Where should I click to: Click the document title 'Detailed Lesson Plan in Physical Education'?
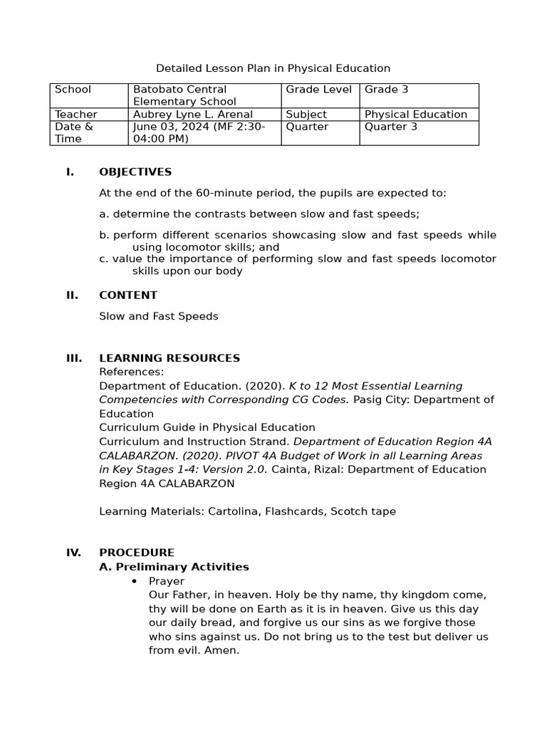pyautogui.click(x=273, y=68)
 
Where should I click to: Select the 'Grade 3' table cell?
pyautogui.click(x=386, y=90)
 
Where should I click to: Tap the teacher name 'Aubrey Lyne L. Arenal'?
pyautogui.click(x=192, y=115)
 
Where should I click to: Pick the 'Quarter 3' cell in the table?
pyautogui.click(x=391, y=127)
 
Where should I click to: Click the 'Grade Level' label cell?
pyautogui.click(x=319, y=90)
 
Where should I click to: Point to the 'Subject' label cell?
pyautogui.click(x=306, y=115)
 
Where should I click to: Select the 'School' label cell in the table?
pyautogui.click(x=73, y=90)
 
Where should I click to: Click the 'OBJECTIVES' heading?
pyautogui.click(x=135, y=172)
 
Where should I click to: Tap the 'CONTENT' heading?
pyautogui.click(x=128, y=295)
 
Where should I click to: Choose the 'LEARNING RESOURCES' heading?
pyautogui.click(x=170, y=358)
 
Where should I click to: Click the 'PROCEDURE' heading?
pyautogui.click(x=137, y=552)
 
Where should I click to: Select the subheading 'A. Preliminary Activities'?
pyautogui.click(x=174, y=567)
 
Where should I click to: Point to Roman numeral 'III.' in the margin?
pyautogui.click(x=74, y=358)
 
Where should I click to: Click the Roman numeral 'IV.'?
pyautogui.click(x=74, y=552)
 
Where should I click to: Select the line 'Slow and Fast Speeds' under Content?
pyautogui.click(x=158, y=316)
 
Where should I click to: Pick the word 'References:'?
pyautogui.click(x=131, y=372)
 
